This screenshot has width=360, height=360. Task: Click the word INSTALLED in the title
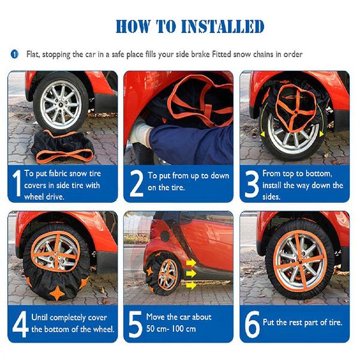223,26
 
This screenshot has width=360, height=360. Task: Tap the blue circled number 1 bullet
14,55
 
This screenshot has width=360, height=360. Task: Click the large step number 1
17,183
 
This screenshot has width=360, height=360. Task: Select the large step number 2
137,184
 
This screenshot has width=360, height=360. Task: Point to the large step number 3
252,184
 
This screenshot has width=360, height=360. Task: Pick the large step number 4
20,324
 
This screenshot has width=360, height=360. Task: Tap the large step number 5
136,325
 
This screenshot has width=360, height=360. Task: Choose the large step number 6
252,325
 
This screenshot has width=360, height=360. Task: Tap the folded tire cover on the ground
62,147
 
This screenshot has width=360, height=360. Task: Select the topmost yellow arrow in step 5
191,263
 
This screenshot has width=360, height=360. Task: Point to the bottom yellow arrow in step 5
191,286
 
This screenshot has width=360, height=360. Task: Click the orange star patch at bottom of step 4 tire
57,293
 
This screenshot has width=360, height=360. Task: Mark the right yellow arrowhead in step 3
321,134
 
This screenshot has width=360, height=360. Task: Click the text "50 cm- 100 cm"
171,329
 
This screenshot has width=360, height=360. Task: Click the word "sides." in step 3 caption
271,197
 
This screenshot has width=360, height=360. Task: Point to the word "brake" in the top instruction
200,55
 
